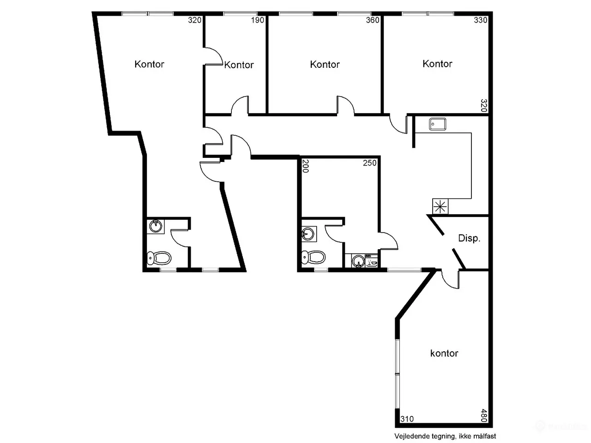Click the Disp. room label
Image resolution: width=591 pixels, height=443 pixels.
pyautogui.click(x=469, y=238)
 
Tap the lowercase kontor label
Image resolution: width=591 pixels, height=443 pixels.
pyautogui.click(x=444, y=353)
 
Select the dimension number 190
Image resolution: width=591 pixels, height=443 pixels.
pyautogui.click(x=257, y=20)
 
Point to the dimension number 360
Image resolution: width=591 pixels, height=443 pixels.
pyautogui.click(x=372, y=20)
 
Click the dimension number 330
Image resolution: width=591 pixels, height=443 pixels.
pyautogui.click(x=480, y=20)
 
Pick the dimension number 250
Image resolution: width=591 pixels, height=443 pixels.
pyautogui.click(x=369, y=163)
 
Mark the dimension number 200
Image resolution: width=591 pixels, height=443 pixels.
pyautogui.click(x=305, y=166)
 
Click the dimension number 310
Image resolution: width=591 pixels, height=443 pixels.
pyautogui.click(x=407, y=419)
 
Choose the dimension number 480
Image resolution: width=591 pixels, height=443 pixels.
pyautogui.click(x=483, y=415)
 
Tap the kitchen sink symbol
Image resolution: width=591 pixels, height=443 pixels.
pyautogui.click(x=437, y=124)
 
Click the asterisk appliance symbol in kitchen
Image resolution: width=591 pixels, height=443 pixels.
pyautogui.click(x=440, y=207)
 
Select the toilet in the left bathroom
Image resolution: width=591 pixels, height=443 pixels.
pyautogui.click(x=159, y=258)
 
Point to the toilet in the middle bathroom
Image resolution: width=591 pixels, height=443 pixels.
pyautogui.click(x=313, y=257)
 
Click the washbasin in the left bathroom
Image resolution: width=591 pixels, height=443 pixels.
pyautogui.click(x=156, y=227)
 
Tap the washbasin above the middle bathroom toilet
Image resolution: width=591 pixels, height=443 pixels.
pyautogui.click(x=309, y=234)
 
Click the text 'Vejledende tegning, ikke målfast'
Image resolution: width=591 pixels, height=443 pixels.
pyautogui.click(x=445, y=436)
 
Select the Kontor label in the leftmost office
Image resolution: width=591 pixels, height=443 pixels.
pyautogui.click(x=149, y=64)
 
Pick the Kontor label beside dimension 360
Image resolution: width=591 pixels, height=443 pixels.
pyautogui.click(x=325, y=64)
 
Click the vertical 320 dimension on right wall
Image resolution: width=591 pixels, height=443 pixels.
pyautogui.click(x=483, y=105)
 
